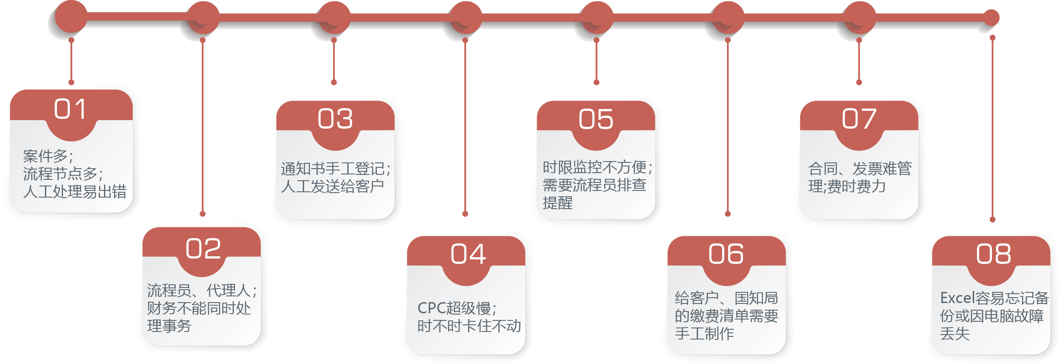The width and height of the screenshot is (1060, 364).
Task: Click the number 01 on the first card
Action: [x=70, y=109]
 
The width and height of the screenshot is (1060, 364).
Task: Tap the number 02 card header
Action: [x=203, y=248]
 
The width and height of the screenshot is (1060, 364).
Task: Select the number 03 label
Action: [x=335, y=119]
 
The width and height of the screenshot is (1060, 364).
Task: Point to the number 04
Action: [x=468, y=254]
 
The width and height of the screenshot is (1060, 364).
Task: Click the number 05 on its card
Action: [x=596, y=119]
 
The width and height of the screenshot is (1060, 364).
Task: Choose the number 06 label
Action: [x=726, y=254]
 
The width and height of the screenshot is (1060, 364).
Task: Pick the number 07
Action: [x=859, y=119]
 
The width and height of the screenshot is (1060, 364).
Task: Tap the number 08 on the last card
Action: [x=993, y=254]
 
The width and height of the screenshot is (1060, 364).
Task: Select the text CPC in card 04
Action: [x=431, y=308]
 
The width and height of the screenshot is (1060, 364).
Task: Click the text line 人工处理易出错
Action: [x=75, y=192]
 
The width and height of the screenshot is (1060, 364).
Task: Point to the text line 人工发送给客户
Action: [x=332, y=186]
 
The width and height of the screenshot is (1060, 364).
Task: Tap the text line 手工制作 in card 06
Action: [x=704, y=334]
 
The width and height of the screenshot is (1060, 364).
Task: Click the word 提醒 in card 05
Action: [x=558, y=203]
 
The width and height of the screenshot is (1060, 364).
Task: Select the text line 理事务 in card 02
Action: [x=169, y=326]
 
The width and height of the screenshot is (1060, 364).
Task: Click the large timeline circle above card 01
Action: [x=71, y=17]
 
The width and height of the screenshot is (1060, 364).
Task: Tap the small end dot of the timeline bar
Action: [x=991, y=18]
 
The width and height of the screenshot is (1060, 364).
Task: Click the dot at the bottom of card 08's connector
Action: [x=992, y=219]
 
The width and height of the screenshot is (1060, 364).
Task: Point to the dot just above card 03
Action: [x=334, y=82]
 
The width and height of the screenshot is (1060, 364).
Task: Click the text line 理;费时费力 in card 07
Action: [x=847, y=186]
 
